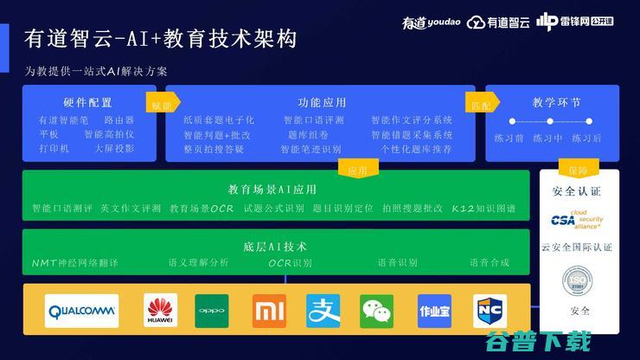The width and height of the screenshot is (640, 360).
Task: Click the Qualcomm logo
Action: pyautogui.click(x=82, y=312)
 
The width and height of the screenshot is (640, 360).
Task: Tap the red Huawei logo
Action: pyautogui.click(x=160, y=311)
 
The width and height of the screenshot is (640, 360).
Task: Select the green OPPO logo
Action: pyautogui.click(x=212, y=311)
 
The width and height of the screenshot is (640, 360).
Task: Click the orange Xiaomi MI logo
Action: pyautogui.click(x=269, y=311)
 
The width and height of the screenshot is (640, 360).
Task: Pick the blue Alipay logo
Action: pyautogui.click(x=323, y=311)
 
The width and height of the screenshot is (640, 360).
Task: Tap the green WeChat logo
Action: pyautogui.click(x=376, y=311)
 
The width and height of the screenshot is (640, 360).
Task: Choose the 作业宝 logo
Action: pyautogui.click(x=434, y=311)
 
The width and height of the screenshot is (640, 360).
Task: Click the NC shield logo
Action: pyautogui.click(x=490, y=311)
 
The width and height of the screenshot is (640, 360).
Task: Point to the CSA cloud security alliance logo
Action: pyautogui.click(x=577, y=220)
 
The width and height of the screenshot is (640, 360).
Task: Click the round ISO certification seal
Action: pyautogui.click(x=577, y=281)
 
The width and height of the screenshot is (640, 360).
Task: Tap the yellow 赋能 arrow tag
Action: pyautogui.click(x=162, y=102)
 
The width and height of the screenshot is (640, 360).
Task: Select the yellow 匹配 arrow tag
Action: pyautogui.click(x=481, y=102)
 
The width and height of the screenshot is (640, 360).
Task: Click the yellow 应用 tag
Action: pyautogui.click(x=357, y=170)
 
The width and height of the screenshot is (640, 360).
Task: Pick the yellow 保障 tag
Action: pyautogui.click(x=577, y=170)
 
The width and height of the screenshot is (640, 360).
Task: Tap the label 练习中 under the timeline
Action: pyautogui.click(x=547, y=138)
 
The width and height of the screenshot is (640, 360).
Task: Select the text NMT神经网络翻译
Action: pyautogui.click(x=74, y=262)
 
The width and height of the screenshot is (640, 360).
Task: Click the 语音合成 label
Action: pyautogui.click(x=490, y=262)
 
